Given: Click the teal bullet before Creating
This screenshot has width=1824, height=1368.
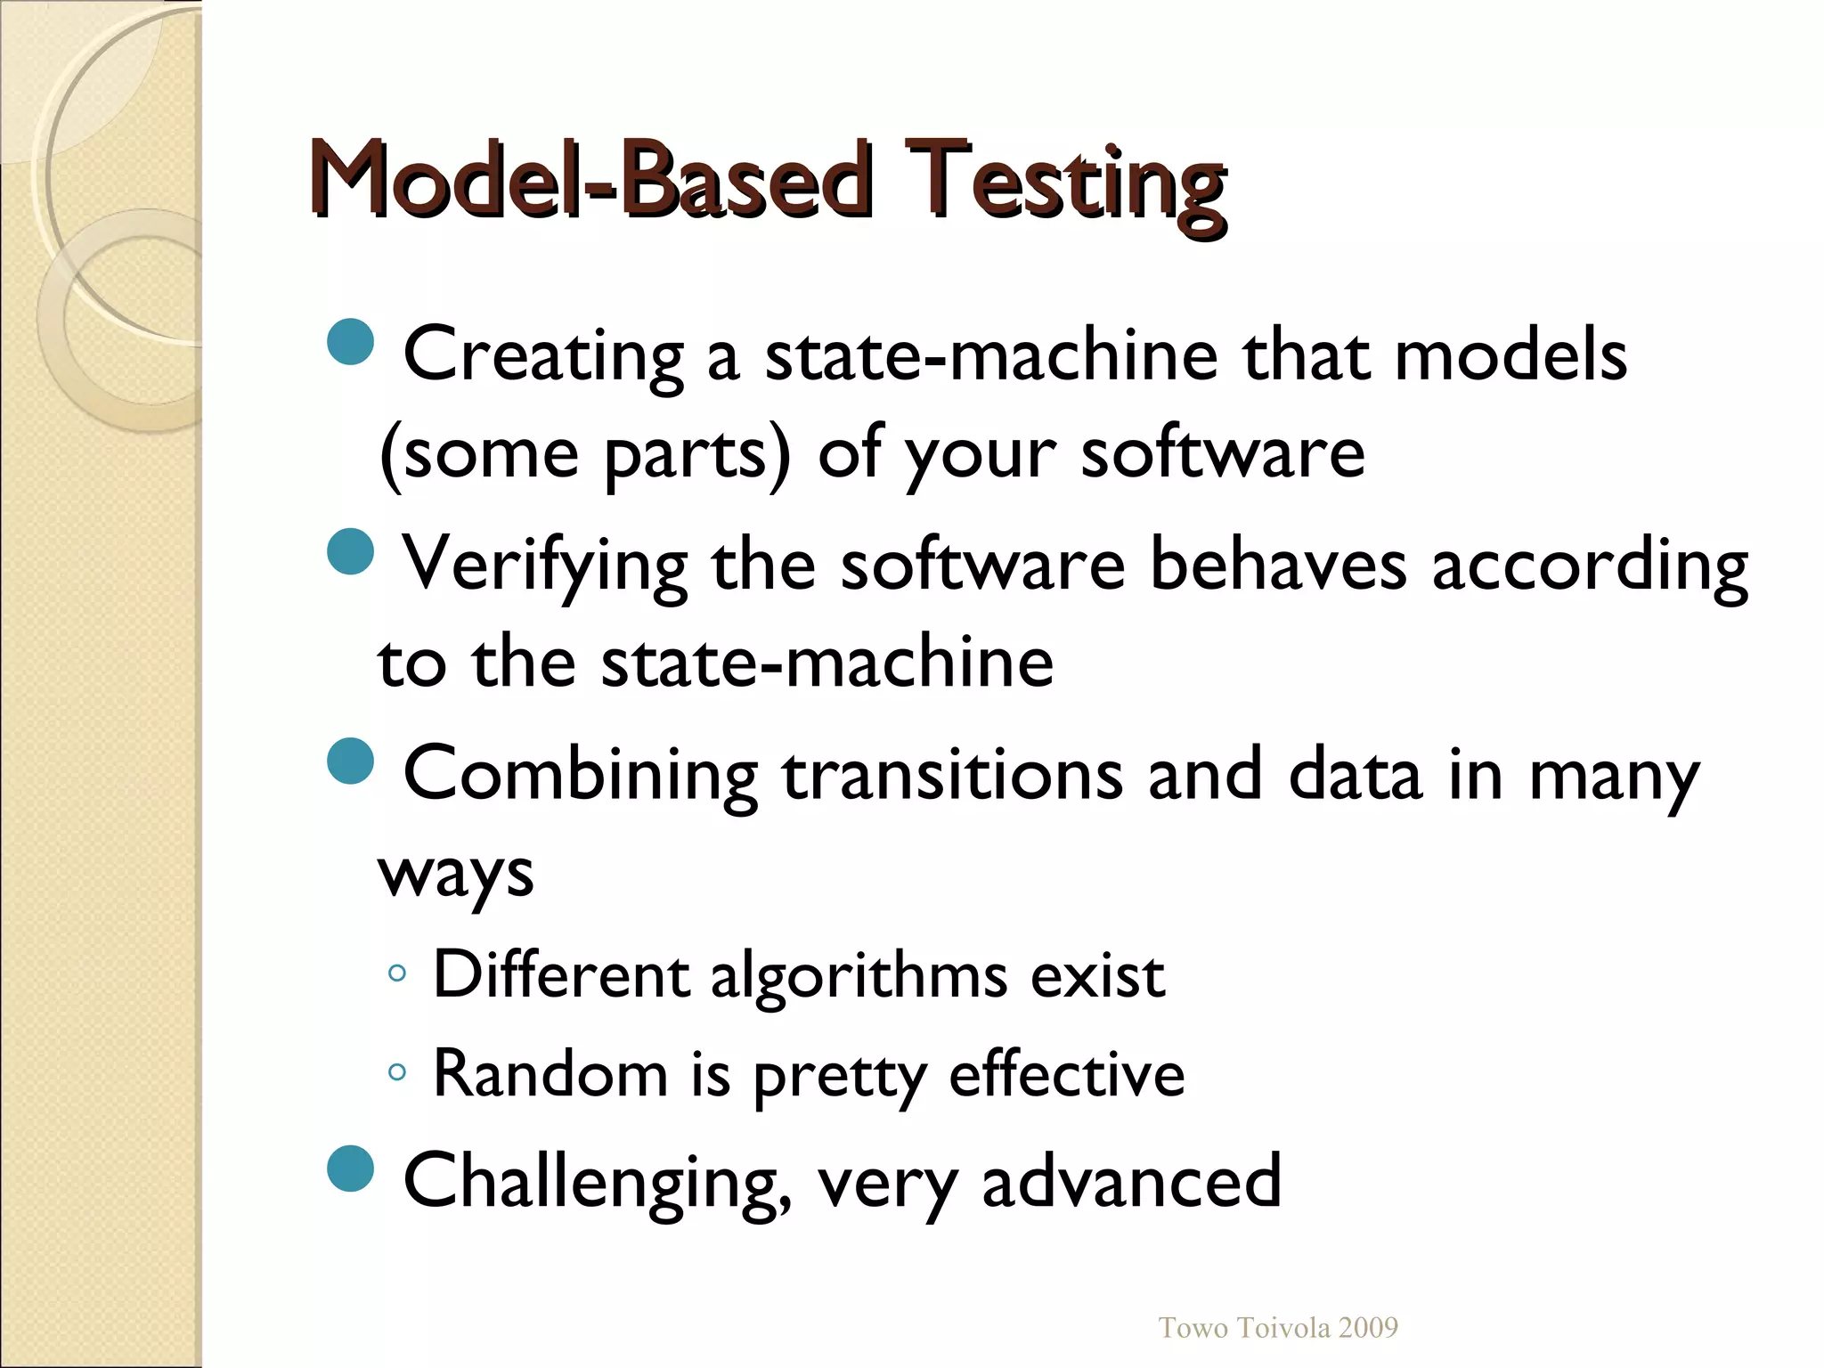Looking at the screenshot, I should click(x=350, y=342).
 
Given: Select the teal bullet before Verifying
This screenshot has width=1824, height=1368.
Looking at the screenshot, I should click(x=350, y=552).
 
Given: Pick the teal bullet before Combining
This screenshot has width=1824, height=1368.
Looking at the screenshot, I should click(x=350, y=761).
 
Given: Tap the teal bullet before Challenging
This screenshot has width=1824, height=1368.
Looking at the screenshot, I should click(x=350, y=1168).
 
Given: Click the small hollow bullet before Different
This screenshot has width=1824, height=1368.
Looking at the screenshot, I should click(x=397, y=974).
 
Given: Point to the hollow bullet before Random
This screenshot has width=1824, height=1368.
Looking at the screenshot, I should click(x=397, y=1072).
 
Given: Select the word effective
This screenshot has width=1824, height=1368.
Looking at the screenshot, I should click(x=1067, y=1074).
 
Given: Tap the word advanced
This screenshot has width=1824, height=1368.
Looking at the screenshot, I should click(x=1131, y=1181).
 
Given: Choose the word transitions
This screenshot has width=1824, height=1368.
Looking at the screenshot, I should click(x=952, y=775).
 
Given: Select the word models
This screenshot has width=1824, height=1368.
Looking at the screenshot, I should click(x=1510, y=354).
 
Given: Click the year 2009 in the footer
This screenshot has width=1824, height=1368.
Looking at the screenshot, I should click(x=1368, y=1328).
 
